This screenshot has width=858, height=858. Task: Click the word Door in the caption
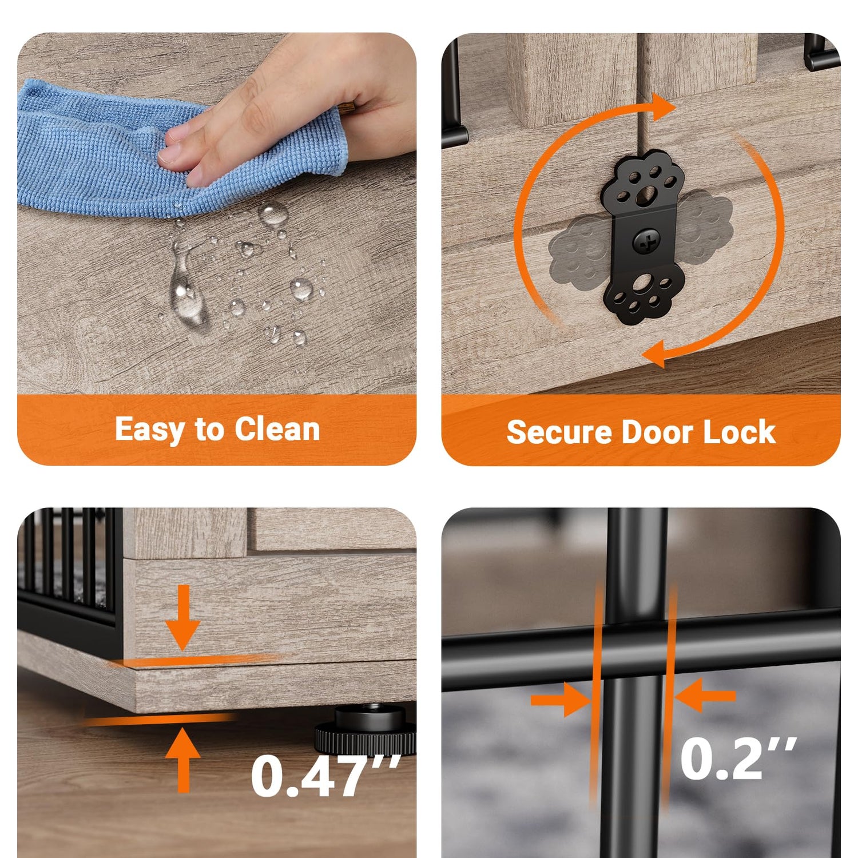(658, 432)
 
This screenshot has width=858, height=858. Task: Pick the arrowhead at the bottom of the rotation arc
(654, 353)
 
